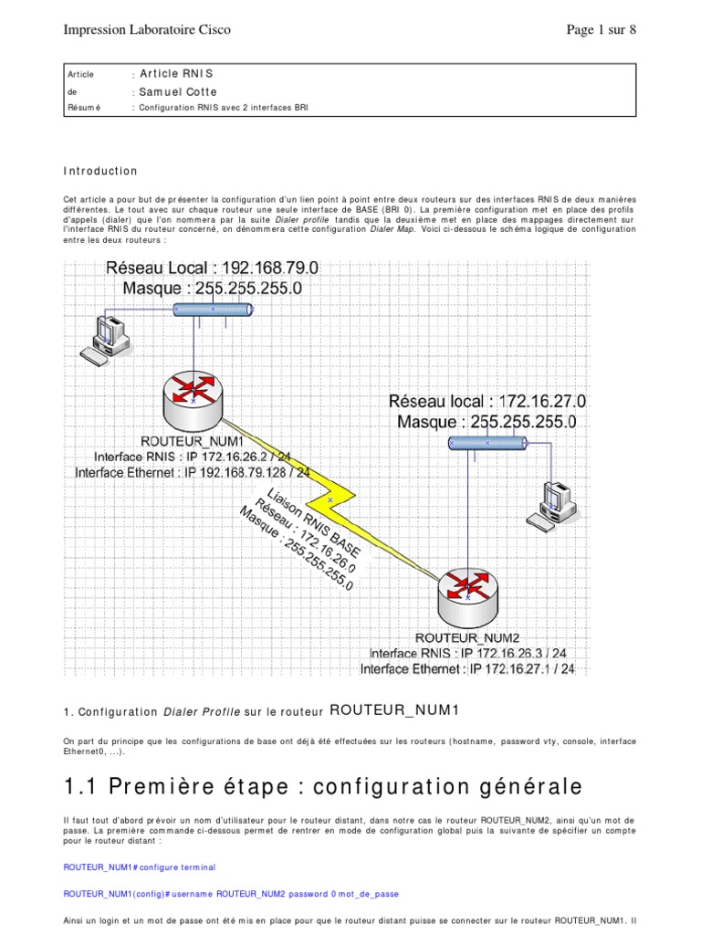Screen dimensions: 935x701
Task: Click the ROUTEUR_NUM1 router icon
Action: point(193,393)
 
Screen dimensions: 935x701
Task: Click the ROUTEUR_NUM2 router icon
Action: point(467,592)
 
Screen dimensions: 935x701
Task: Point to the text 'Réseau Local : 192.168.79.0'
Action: point(213,268)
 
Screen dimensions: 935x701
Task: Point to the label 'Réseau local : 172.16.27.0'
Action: point(487,401)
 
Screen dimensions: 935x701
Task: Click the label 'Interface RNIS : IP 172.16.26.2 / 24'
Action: point(193,457)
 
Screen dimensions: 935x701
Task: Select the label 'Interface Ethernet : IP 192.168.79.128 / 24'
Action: point(193,473)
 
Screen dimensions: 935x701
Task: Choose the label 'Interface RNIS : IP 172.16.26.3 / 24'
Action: point(467,654)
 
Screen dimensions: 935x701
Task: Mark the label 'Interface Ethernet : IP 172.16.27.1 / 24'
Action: point(467,669)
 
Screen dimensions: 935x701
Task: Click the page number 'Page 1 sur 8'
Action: point(601,30)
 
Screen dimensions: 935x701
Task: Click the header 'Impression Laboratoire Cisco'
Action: point(146,30)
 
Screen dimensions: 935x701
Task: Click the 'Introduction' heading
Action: point(100,171)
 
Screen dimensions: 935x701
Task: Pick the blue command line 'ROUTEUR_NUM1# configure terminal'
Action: point(139,867)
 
